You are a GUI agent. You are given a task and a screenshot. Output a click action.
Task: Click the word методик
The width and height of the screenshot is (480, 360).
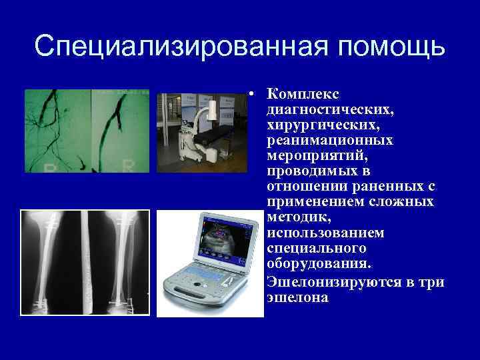294,217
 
